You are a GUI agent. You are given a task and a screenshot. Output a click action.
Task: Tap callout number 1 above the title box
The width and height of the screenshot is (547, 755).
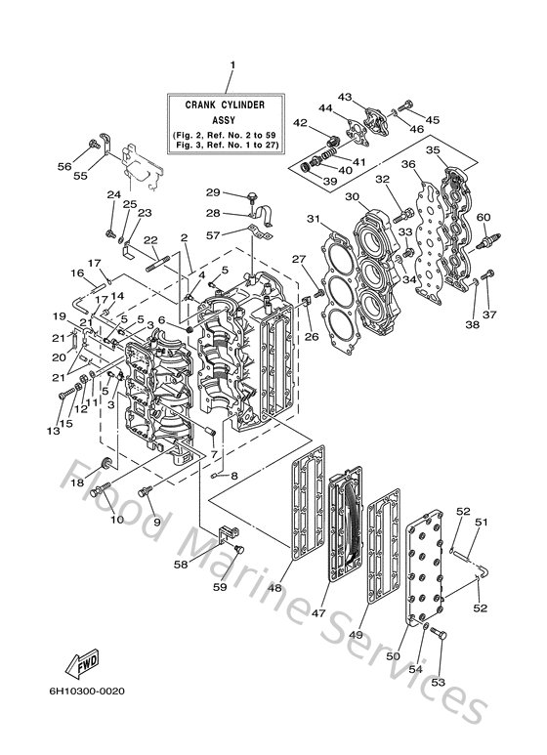[232, 65]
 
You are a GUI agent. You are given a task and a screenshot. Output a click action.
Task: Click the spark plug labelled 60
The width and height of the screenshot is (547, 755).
[485, 240]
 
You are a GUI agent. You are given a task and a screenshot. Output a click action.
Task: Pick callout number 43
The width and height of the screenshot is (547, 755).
[345, 97]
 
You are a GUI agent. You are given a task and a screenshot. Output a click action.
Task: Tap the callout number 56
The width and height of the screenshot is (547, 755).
[64, 167]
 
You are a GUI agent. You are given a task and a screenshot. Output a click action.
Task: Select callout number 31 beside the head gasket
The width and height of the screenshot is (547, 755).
[313, 218]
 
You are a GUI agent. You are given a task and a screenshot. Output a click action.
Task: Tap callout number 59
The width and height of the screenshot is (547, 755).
[219, 588]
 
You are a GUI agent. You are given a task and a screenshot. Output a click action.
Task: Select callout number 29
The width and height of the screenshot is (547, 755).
[212, 191]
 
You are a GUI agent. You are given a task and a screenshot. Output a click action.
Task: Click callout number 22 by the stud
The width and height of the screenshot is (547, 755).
[150, 240]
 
